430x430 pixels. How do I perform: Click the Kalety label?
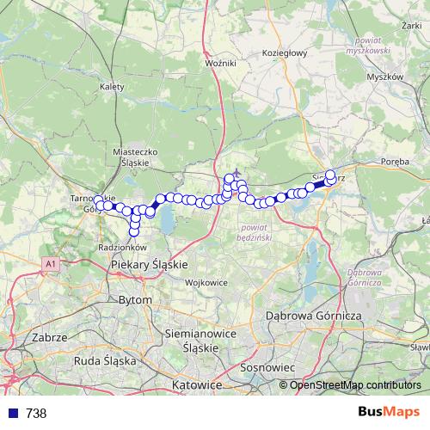click(x=113, y=87)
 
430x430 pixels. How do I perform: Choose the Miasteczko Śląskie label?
click(x=137, y=155)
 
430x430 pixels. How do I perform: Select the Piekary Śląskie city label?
click(x=150, y=266)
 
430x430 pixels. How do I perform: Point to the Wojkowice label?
click(x=206, y=282)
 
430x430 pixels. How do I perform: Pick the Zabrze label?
click(x=48, y=338)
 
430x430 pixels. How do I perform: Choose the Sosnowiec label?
click(x=267, y=367)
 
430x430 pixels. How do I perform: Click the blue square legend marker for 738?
click(x=11, y=414)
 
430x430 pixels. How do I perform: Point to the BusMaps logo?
click(x=389, y=413)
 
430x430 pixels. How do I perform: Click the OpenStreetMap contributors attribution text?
click(x=355, y=385)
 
